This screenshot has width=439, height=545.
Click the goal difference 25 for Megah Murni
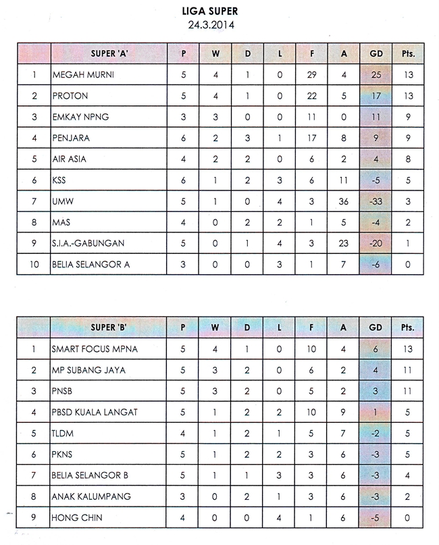(x=375, y=75)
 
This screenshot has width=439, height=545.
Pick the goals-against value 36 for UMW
(x=344, y=201)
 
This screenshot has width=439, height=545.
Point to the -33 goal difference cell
(x=375, y=201)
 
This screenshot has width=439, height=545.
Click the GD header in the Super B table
(x=375, y=328)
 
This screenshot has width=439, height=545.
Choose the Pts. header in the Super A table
(x=408, y=53)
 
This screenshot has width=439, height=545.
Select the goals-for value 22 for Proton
(x=311, y=96)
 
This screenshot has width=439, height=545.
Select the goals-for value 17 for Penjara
(x=311, y=138)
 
